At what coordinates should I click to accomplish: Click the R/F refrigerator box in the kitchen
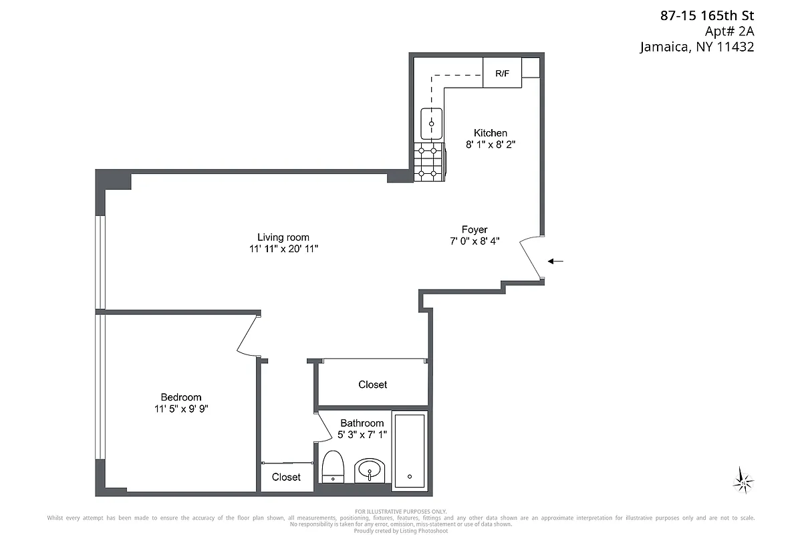coord(502,73)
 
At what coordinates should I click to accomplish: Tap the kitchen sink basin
coord(432,124)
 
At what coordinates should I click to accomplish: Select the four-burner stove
coord(428,161)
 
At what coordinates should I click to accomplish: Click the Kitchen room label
coord(491,132)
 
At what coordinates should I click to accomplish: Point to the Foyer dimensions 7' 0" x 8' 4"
coord(475,241)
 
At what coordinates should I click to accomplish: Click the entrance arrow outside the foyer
coord(555,261)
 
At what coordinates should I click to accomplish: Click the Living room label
coord(283,237)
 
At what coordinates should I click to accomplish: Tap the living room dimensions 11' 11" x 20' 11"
coord(283,249)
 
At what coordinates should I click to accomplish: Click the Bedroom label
coord(180,397)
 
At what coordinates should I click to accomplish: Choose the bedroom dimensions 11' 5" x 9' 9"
coord(180,409)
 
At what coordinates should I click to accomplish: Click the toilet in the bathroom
coord(333,467)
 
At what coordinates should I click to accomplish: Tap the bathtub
coord(409,451)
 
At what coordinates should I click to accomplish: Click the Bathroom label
coord(362,423)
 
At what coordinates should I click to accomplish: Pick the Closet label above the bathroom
coord(372,385)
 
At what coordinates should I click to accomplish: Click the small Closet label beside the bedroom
coord(286,477)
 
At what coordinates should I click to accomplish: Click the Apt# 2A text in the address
coord(729,31)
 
